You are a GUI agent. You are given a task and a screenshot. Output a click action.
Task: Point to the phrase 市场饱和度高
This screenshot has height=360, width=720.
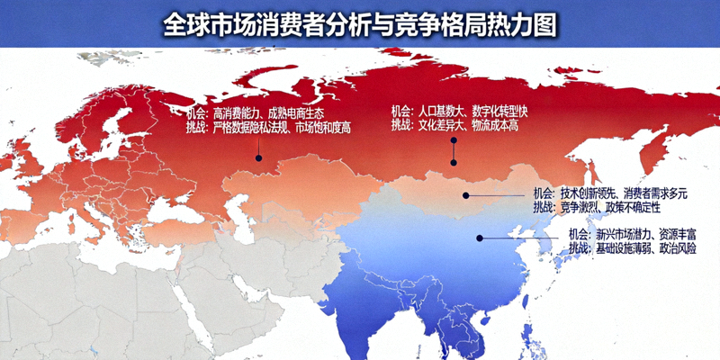click(x=323, y=129)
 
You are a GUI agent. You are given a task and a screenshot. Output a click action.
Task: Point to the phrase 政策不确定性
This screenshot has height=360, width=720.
click(x=637, y=207)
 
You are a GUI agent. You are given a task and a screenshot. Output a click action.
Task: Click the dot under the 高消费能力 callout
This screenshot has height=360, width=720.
click(x=258, y=158)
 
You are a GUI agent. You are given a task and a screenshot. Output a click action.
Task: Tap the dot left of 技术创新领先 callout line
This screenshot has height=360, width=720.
click(x=465, y=194)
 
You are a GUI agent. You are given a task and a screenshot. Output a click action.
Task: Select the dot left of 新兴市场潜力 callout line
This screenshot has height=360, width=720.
click(x=480, y=238)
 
